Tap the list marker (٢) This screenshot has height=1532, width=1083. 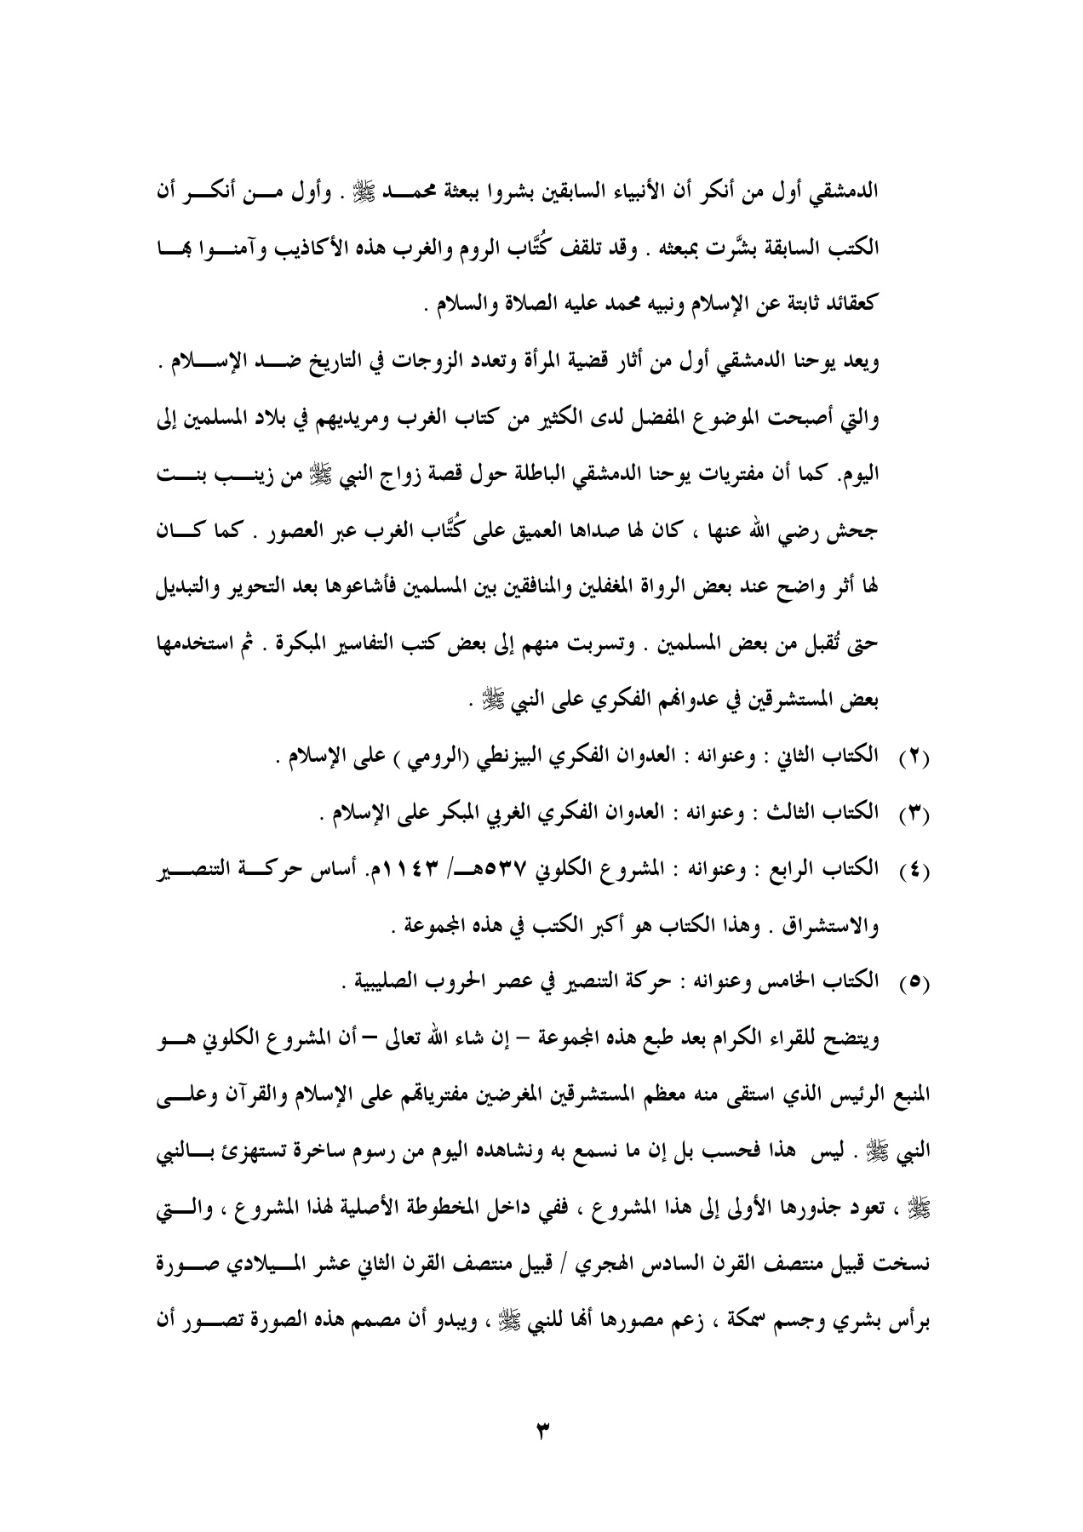[x=914, y=735]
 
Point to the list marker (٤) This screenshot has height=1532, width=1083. [x=914, y=872]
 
